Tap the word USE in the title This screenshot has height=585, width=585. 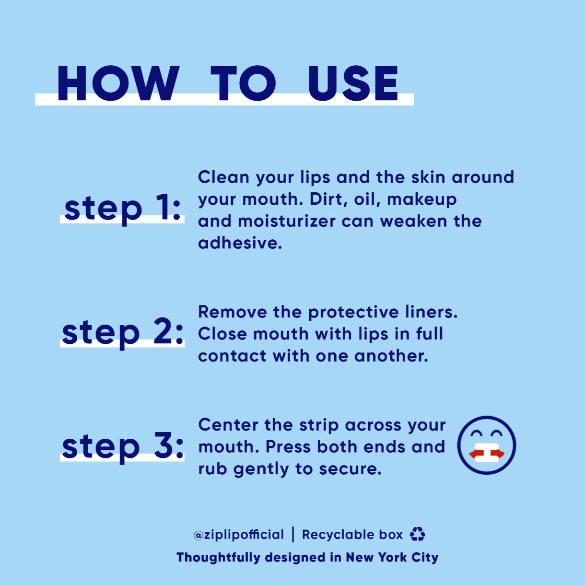[x=353, y=83]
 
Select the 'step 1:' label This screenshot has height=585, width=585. [x=123, y=210]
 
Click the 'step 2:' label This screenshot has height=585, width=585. [x=123, y=334]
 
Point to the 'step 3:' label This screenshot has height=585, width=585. [x=123, y=447]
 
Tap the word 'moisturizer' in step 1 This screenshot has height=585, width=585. [x=287, y=221]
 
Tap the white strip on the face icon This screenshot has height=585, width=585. [x=487, y=452]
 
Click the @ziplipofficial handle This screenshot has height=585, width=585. [x=239, y=535]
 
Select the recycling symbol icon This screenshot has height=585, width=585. [x=418, y=534]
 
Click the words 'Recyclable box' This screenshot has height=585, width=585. [x=352, y=535]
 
